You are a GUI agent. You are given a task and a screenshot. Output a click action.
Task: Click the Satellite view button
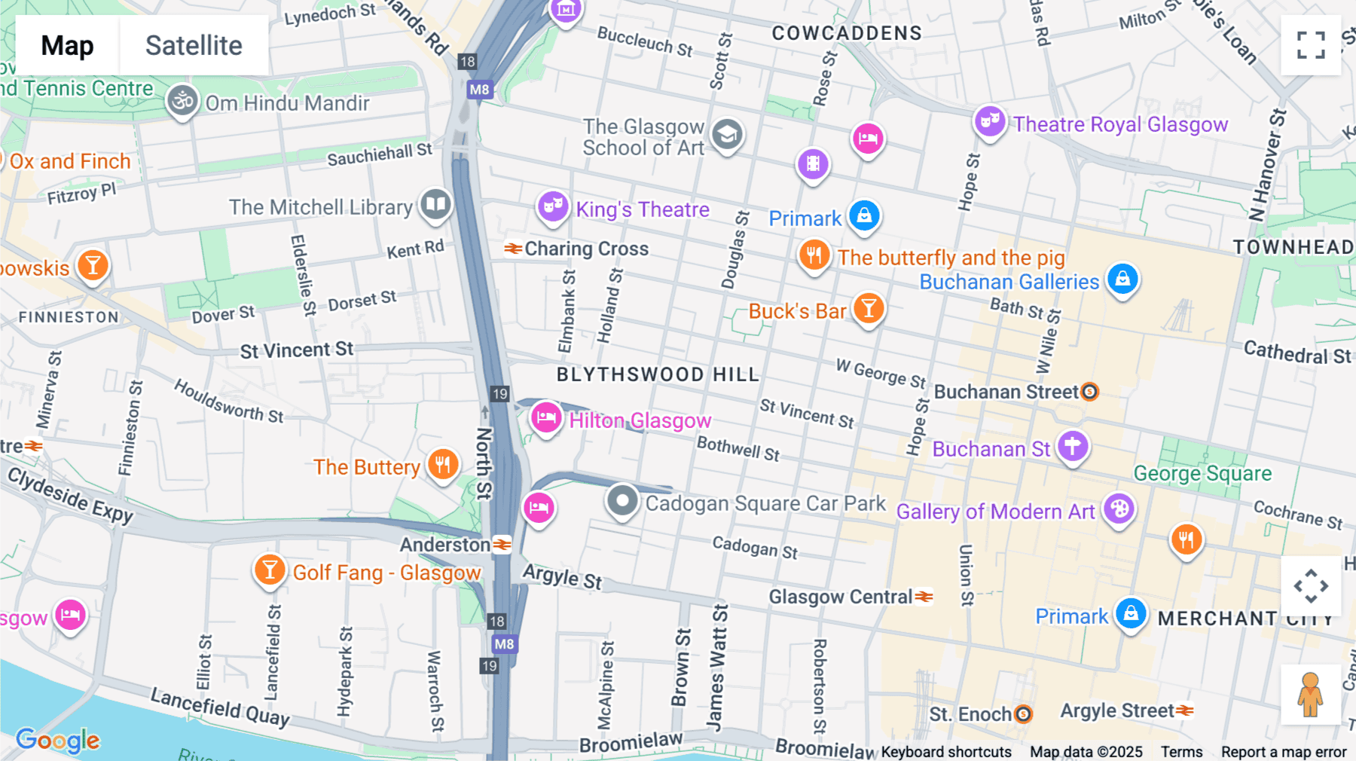(194, 45)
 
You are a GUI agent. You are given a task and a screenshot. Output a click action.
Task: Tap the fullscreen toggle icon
(1311, 45)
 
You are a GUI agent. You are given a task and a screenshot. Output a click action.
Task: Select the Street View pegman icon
(1310, 695)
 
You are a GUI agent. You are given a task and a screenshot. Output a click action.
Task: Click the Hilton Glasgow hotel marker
(546, 417)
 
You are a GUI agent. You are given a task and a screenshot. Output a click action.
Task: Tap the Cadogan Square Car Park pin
(622, 500)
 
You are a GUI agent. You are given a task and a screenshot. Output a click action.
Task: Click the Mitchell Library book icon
(435, 203)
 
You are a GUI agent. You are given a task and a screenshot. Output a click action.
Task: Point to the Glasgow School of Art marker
(727, 135)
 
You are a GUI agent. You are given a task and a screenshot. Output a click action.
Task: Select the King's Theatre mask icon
(553, 206)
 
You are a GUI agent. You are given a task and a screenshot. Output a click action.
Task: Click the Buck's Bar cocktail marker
(869, 308)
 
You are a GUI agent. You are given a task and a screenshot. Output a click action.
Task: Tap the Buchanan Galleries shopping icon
(1122, 278)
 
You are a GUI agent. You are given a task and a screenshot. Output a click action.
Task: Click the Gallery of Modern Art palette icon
(1119, 509)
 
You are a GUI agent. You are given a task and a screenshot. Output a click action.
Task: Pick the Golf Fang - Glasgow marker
(270, 570)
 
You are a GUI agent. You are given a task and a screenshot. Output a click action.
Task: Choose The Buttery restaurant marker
(443, 464)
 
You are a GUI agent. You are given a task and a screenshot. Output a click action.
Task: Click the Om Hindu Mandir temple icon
(182, 100)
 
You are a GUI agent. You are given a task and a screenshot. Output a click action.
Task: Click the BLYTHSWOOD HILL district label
(658, 374)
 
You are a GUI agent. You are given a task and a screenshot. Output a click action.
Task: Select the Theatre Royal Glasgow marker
(990, 121)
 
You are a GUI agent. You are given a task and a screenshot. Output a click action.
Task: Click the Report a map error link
(1283, 751)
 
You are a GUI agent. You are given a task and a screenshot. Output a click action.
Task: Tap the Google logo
(57, 740)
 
